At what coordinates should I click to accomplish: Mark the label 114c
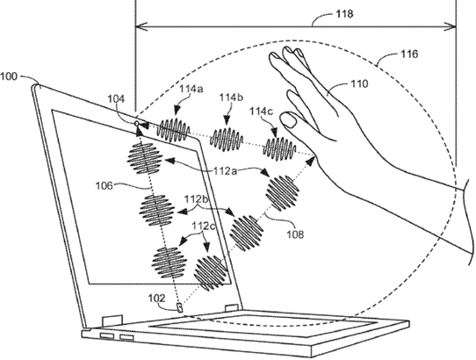point(263,111)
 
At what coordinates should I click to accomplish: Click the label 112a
point(205,172)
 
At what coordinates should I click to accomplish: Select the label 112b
point(198,201)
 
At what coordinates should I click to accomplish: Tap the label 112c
point(202,226)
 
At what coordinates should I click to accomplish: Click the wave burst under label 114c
point(281,146)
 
